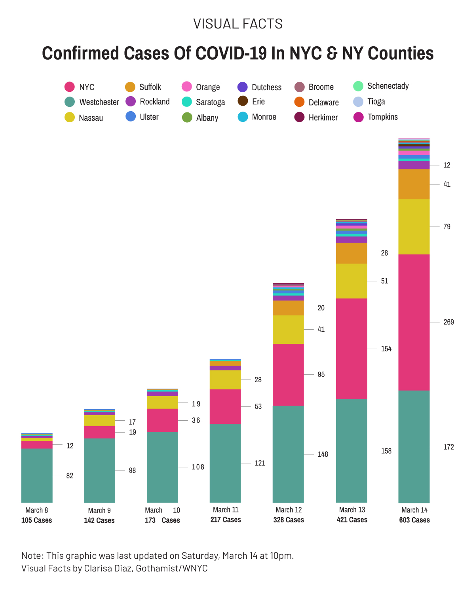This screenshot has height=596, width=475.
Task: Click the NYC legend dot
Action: click(69, 87)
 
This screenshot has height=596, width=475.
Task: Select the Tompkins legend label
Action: click(382, 117)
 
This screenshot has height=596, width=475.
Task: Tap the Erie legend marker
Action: click(243, 101)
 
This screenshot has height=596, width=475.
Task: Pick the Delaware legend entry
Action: click(323, 102)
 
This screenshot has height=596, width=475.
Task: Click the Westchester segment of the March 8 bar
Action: click(37, 475)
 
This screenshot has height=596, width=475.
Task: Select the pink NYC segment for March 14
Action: click(414, 322)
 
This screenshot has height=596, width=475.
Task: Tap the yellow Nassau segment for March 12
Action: click(288, 329)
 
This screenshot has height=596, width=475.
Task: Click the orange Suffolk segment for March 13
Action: click(351, 253)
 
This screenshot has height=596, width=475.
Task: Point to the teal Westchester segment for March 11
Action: click(225, 463)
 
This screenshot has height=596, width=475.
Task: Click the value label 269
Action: click(448, 322)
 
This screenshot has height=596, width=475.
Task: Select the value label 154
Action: click(386, 349)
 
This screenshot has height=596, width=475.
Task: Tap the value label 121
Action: click(260, 463)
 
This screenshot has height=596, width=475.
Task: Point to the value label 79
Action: click(447, 227)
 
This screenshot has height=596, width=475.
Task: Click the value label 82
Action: click(70, 476)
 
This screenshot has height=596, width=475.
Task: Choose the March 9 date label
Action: click(99, 511)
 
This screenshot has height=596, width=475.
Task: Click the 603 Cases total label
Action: click(414, 520)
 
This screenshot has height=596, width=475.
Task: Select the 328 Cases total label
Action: click(289, 520)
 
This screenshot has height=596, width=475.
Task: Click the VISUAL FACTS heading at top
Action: click(238, 24)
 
